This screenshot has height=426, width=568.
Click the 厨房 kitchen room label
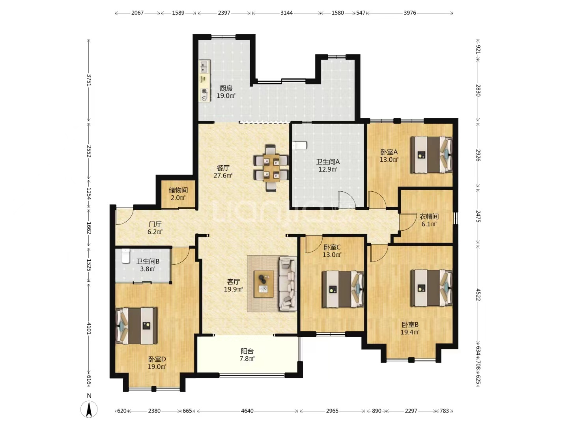pos(226,88)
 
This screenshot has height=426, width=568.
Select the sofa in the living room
pos(288,284)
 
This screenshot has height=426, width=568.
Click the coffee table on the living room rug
pos(264,284)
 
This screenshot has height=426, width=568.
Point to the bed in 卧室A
pos(432,155)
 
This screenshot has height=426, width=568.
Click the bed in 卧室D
pos(136,326)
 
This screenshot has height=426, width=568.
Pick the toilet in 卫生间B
pos(126,256)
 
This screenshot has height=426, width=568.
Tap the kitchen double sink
pos(204,66)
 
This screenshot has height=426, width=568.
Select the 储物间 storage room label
pos(178,191)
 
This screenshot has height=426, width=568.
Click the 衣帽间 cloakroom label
pos(429,217)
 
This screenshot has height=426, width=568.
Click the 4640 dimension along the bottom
pos(247,411)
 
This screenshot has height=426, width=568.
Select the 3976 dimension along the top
pos(410,13)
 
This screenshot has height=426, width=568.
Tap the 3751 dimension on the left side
pos(89,80)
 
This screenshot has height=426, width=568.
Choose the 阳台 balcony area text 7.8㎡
pos(247,359)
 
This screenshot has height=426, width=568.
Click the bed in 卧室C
pos(343,289)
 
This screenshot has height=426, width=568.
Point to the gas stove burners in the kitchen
pos(204,94)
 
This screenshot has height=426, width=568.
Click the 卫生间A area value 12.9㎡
pos(328,170)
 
